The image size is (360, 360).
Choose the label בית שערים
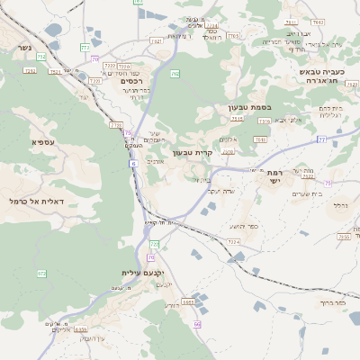tap(302, 194)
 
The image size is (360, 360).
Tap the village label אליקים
tap(61, 329)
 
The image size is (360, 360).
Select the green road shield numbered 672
tap(41, 273)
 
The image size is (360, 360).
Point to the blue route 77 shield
tap(321, 140)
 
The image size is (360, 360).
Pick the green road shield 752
tap(41, 57)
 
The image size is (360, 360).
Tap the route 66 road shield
tap(197, 323)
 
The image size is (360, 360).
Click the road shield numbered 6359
tap(80, 330)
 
